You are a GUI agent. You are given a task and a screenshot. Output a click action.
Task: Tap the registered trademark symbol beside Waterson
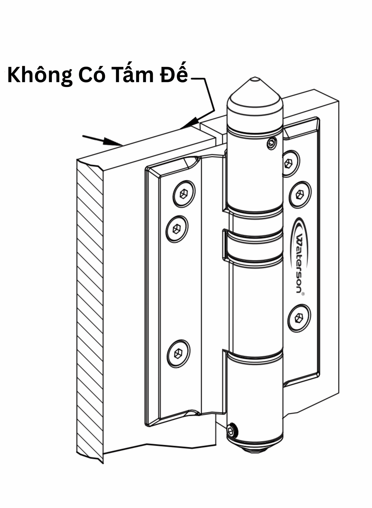click(x=303, y=293)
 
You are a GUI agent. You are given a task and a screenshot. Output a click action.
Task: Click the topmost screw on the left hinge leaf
click(x=184, y=194)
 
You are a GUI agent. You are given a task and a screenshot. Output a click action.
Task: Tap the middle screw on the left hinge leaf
click(x=176, y=229)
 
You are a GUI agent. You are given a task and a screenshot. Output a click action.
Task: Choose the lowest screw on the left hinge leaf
click(x=178, y=353)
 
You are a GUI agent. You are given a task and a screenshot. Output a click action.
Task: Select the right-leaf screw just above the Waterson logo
click(x=300, y=194)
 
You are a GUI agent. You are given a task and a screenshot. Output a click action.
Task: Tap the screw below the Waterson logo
click(x=299, y=318)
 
